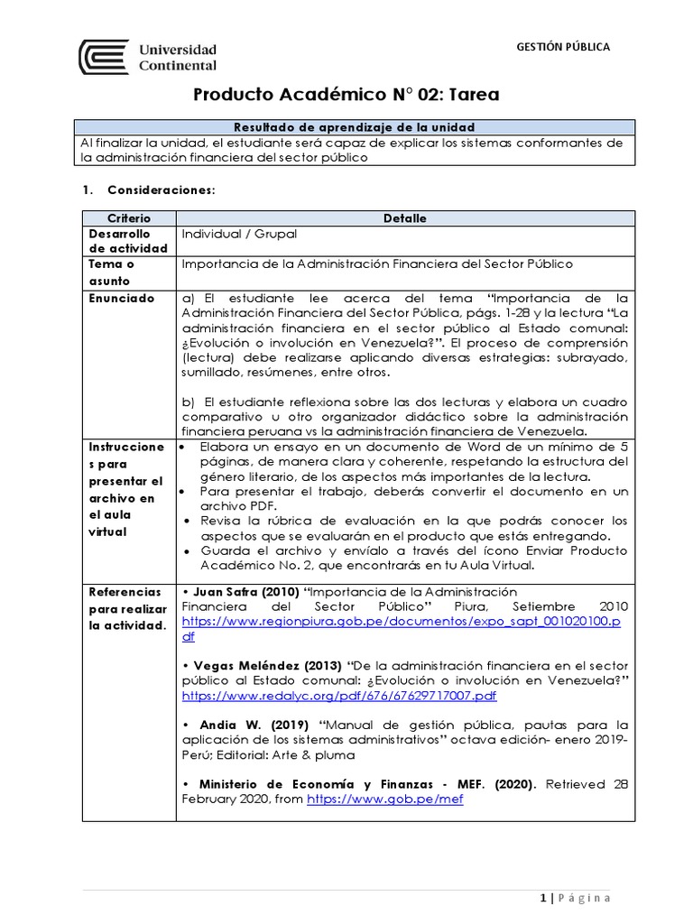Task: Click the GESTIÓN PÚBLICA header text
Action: [x=562, y=46]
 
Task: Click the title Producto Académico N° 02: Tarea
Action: [x=347, y=95]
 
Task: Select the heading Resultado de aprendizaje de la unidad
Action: [x=355, y=127]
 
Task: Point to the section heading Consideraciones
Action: [x=162, y=190]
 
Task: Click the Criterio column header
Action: [x=129, y=218]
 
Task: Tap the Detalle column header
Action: [x=405, y=218]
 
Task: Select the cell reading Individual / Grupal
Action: [x=239, y=234]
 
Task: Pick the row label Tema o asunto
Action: [x=111, y=272]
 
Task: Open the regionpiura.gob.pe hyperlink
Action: [x=402, y=622]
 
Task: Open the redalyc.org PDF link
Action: [x=339, y=696]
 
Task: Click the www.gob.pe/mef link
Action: [x=385, y=799]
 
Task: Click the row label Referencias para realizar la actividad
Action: [x=127, y=606]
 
